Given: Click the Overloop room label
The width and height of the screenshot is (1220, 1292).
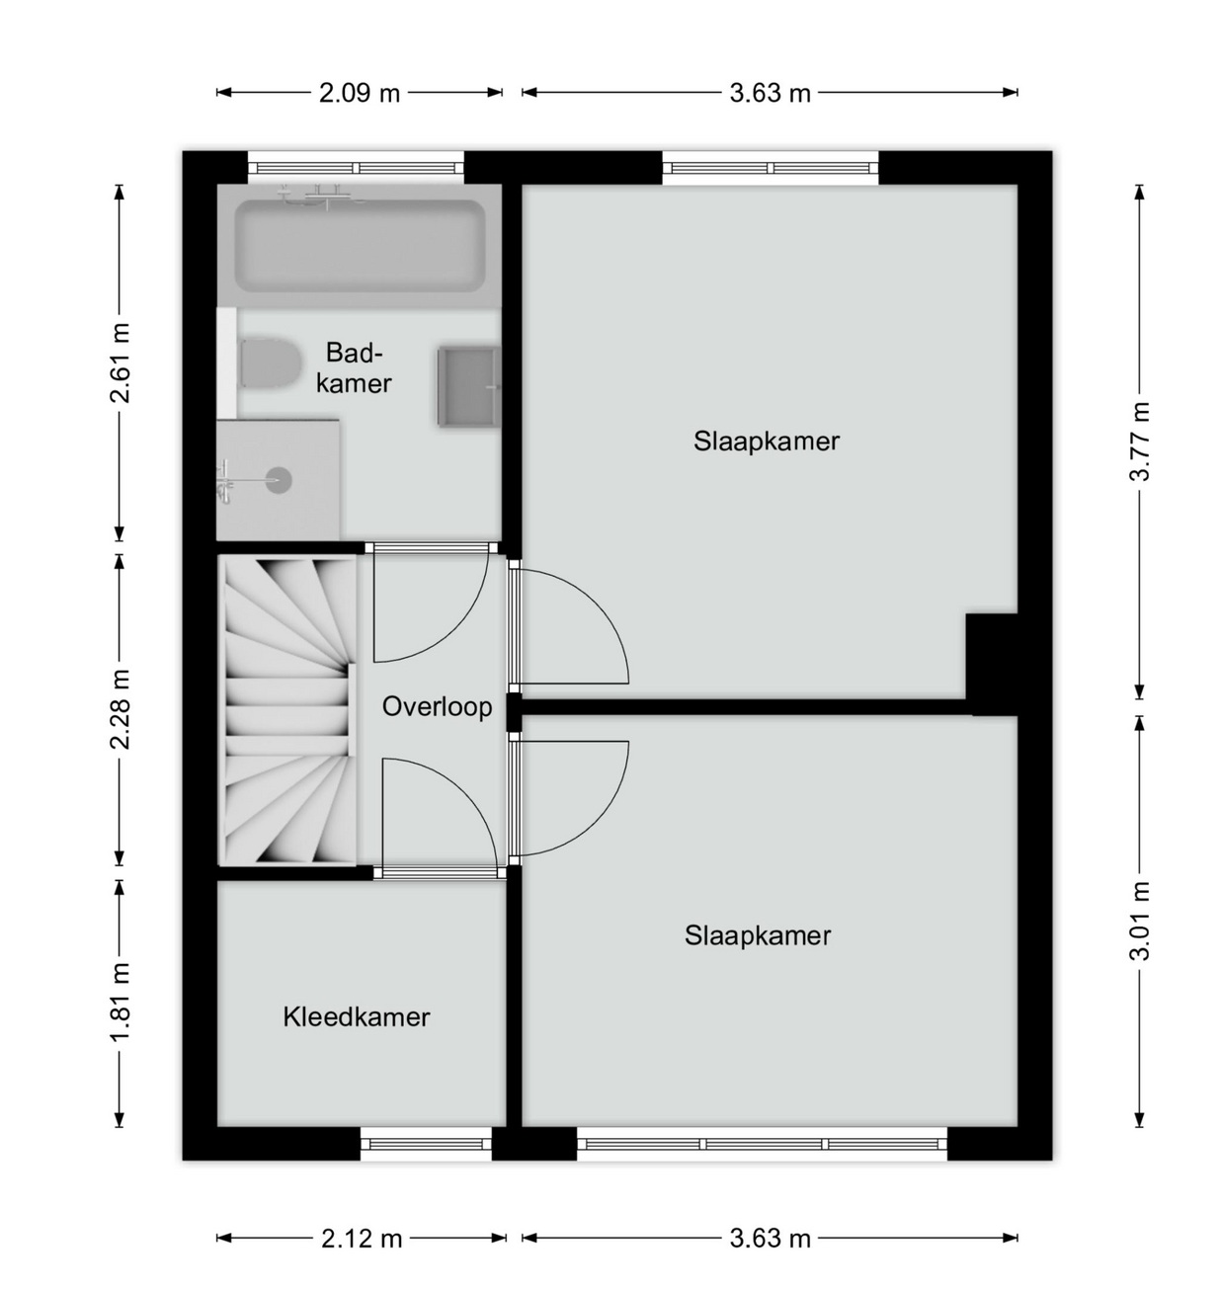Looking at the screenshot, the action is click(x=437, y=707).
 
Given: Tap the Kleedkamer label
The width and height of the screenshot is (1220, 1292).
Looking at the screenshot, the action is click(x=356, y=1016).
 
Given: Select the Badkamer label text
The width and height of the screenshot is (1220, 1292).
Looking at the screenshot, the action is click(x=354, y=367).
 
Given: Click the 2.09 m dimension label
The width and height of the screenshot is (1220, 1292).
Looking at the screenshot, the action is click(x=360, y=93).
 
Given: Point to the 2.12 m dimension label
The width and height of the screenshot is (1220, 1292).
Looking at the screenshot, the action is click(x=362, y=1239).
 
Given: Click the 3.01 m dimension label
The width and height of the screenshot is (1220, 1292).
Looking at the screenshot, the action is click(x=1140, y=922).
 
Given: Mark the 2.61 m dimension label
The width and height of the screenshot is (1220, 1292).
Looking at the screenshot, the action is click(x=120, y=363).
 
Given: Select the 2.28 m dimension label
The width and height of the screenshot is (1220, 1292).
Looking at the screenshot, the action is click(x=120, y=709).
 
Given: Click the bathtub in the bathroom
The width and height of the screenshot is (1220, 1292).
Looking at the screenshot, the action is click(x=360, y=246).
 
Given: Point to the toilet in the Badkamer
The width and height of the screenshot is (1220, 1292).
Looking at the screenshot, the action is click(x=269, y=364).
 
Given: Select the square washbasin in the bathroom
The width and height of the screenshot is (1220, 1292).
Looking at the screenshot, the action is click(x=469, y=386).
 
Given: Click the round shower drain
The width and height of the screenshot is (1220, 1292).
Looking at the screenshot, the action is click(x=280, y=481).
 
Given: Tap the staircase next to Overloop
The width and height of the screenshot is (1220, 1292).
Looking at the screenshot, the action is click(x=287, y=710).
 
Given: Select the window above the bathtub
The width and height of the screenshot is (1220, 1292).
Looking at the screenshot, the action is click(x=356, y=168).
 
